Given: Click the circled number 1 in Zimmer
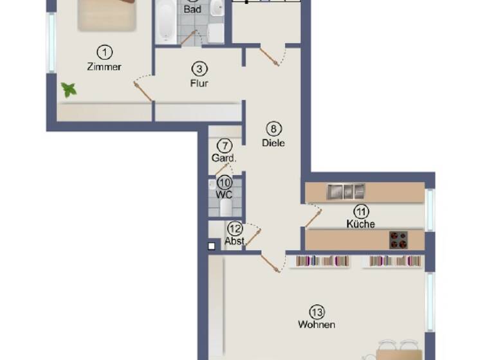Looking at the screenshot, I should point(104,51).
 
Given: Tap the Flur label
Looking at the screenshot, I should point(199,83).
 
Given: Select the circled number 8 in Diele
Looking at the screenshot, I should point(273,128).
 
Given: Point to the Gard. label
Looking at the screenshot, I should point(224,157).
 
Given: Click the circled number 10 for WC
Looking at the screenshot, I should point(224,183).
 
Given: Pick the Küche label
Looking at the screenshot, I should point(361,224).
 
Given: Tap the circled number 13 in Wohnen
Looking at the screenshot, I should point(316,312).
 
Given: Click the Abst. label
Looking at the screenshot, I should point(234,242).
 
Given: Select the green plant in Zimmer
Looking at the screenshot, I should point(68,89).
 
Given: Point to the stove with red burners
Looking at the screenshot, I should point(399,240).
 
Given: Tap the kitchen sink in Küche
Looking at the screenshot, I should point(346,192).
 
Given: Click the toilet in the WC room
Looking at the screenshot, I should point(226,206).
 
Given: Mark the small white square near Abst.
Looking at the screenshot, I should point(212,245).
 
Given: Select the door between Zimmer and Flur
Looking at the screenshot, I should point(143,90).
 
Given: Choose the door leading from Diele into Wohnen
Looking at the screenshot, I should point(271,262).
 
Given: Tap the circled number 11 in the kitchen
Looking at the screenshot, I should point(361,211).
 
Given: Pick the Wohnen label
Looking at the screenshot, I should point(316,325).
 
